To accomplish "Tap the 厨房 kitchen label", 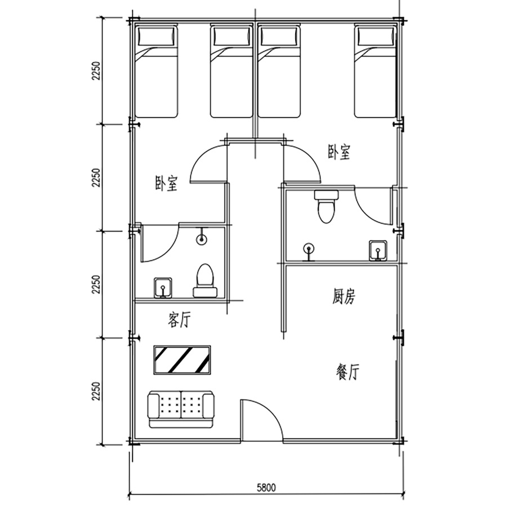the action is [344, 296].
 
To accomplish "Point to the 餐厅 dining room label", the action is [348, 372].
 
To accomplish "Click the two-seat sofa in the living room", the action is [181, 410].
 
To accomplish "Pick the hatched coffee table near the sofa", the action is [183, 360].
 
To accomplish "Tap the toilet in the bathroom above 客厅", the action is [205, 281].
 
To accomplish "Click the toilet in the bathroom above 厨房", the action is [326, 207].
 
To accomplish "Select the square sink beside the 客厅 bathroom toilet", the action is [163, 287].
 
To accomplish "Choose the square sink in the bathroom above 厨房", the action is [378, 251].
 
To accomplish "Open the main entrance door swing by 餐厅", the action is [262, 420].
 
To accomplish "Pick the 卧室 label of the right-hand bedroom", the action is [339, 152].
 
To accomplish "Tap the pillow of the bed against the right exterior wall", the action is [376, 36].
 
